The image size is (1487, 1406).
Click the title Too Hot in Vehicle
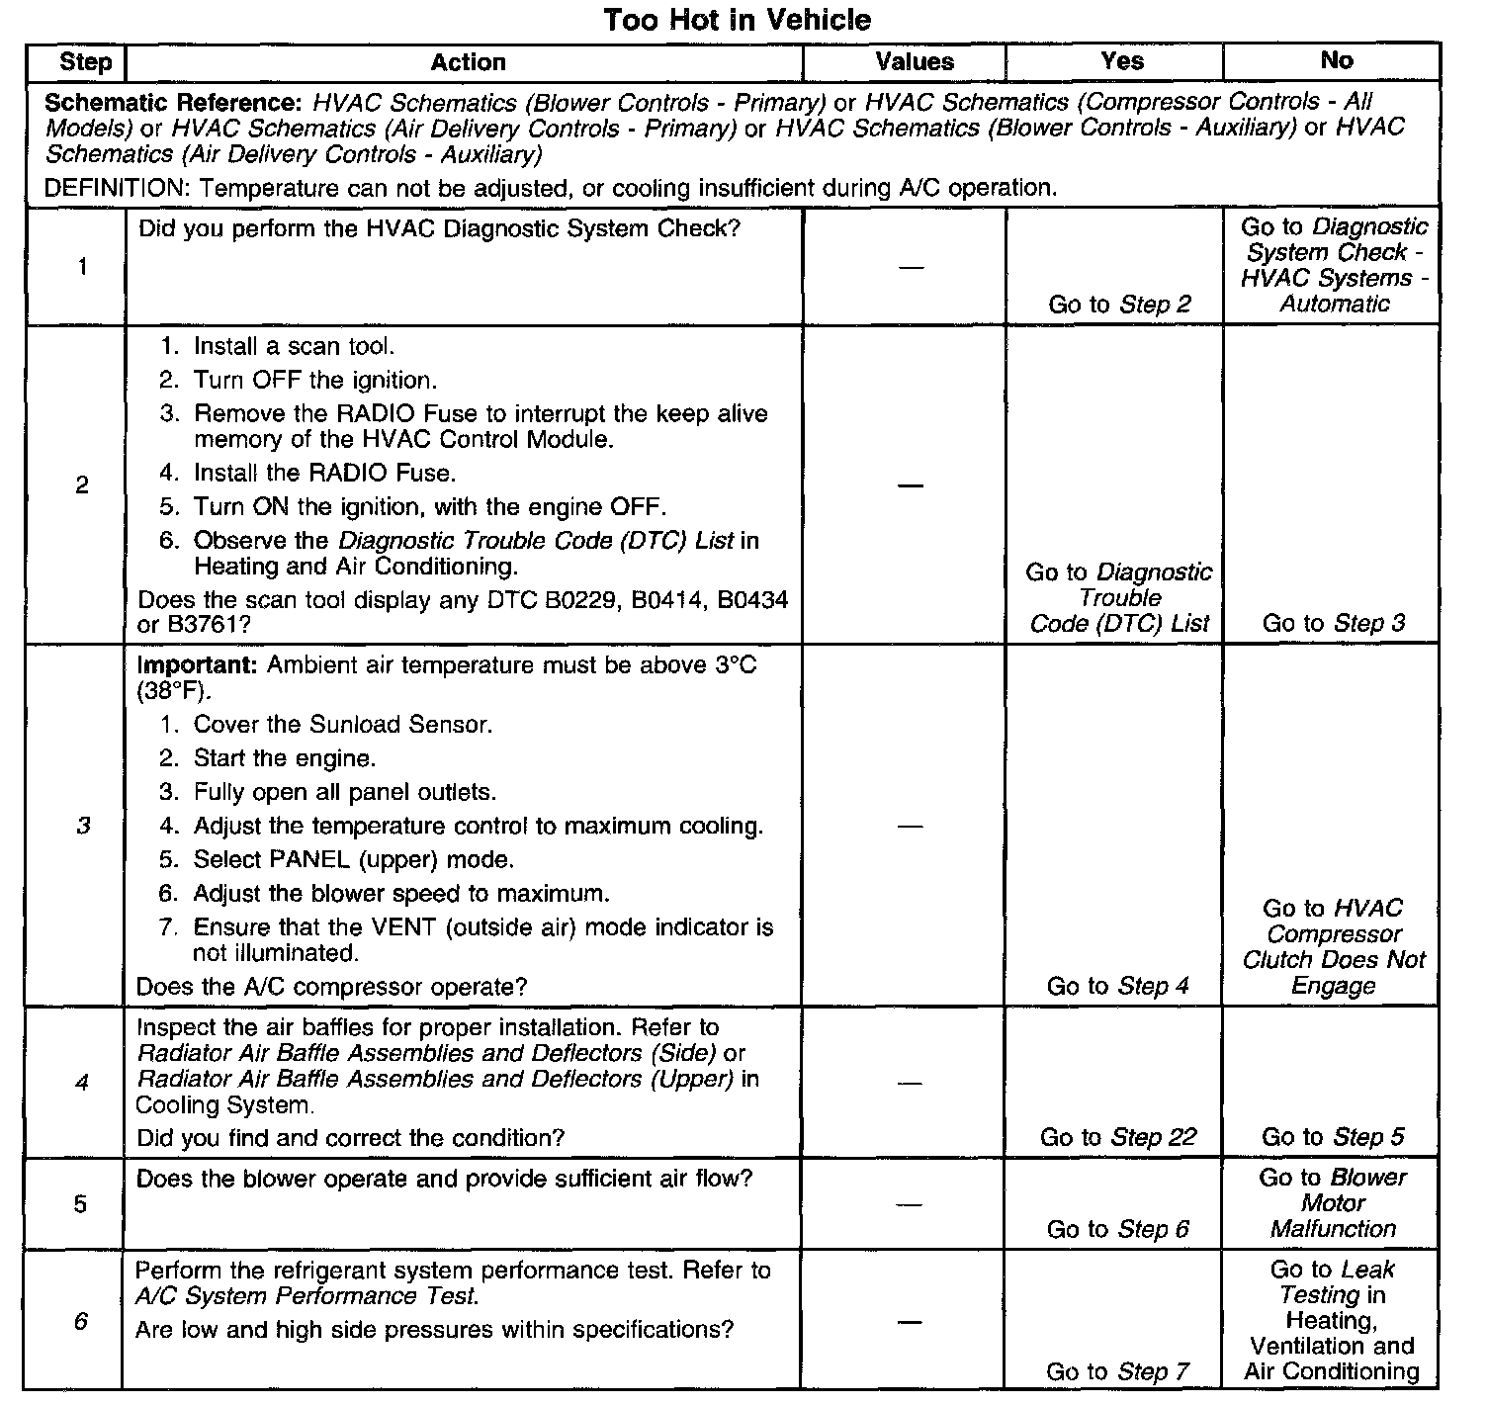tap(737, 20)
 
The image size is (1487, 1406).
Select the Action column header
tap(468, 62)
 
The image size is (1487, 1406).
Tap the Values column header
tap(915, 62)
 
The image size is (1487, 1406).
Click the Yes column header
tap(1121, 61)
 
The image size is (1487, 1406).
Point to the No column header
tap(1336, 61)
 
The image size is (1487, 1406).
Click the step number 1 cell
tap(82, 267)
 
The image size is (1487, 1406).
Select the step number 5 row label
tap(80, 1203)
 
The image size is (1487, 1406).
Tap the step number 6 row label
tap(80, 1321)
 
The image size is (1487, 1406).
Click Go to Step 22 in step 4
tap(1117, 1137)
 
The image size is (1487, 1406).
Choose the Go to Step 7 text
tap(1117, 1371)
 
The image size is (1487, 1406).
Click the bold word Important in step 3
tap(197, 664)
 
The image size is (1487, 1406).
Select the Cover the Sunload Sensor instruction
tap(342, 725)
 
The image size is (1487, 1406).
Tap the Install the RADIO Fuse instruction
tap(324, 473)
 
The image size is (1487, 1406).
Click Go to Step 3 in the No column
tap(1333, 623)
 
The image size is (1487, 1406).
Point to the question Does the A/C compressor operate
tap(331, 987)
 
